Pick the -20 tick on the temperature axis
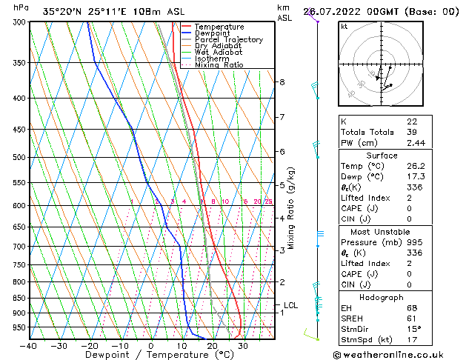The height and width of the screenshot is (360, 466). point(90,346)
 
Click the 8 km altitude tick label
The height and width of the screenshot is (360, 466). point(282,82)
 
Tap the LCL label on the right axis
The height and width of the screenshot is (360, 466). point(290,305)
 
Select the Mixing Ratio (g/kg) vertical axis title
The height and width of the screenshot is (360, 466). point(292,207)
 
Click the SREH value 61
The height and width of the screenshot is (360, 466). point(412,319)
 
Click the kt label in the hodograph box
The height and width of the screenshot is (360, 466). point(344,26)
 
